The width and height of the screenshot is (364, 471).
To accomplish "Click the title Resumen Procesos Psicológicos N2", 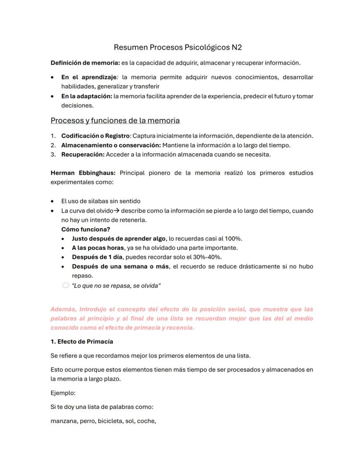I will coord(178,47).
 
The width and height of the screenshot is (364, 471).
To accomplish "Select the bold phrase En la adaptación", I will coord(87,96).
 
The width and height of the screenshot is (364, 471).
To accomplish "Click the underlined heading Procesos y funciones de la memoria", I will coord(115,120).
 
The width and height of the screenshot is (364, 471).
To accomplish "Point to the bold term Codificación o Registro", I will coord(95,136).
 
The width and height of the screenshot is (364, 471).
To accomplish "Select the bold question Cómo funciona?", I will coord(86,229).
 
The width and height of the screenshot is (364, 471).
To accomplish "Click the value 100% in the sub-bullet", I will coord(233,238).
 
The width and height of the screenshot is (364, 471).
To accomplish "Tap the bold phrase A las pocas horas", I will coord(98,248).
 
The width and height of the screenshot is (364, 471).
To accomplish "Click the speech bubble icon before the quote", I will coord(66,285).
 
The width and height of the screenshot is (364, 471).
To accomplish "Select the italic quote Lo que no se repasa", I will coord(116,286).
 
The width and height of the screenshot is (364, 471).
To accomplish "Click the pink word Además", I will coord(63,309).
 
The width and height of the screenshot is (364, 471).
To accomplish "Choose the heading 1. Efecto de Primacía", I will coord(82,341).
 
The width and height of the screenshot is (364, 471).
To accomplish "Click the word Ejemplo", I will coord(63,393).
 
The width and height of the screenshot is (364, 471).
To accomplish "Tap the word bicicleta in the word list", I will coord(112,421).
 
